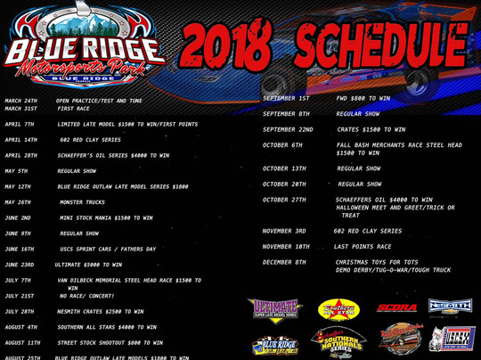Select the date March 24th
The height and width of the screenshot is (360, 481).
pyautogui.click(x=21, y=101)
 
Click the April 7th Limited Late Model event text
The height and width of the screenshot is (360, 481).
pyautogui.click(x=127, y=124)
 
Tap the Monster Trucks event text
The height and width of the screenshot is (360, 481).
pyautogui.click(x=82, y=202)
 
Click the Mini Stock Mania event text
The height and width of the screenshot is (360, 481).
pyautogui.click(x=106, y=217)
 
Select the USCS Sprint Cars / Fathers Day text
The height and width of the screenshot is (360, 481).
pyautogui.click(x=108, y=249)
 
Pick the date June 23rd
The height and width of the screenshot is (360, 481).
pyautogui.click(x=19, y=265)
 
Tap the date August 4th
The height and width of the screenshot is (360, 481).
pyautogui.click(x=20, y=327)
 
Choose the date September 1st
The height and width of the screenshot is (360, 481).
pyautogui.click(x=286, y=98)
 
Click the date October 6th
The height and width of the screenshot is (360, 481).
pyautogui.click(x=282, y=145)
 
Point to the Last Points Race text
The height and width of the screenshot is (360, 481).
pyautogui.click(x=363, y=246)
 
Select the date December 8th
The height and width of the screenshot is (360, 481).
pyautogui.click(x=284, y=262)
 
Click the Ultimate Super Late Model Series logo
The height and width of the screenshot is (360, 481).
pyautogui.click(x=275, y=309)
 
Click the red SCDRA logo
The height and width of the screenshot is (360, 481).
pyautogui.click(x=396, y=308)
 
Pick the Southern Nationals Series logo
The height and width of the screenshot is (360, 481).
pyautogui.click(x=338, y=340)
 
